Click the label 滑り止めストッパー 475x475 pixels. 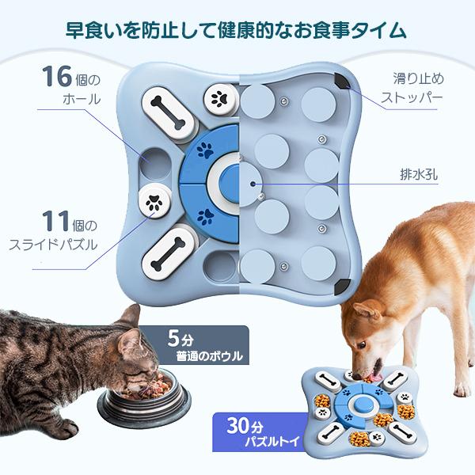point(417,89)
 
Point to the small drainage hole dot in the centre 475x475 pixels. point(253,183)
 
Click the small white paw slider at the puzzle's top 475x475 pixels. point(218,99)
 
